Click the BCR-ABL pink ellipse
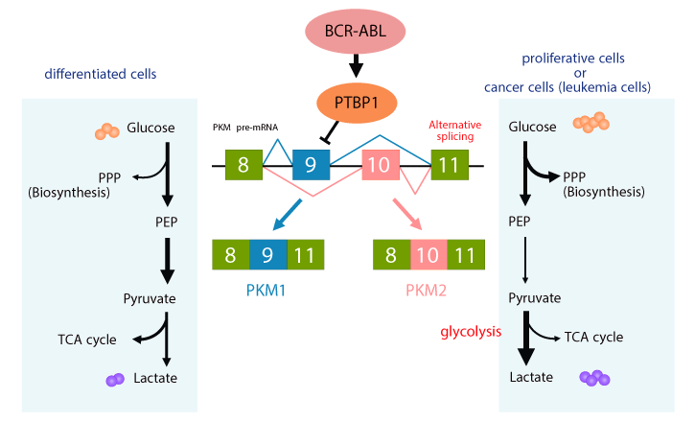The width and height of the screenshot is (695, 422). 357,30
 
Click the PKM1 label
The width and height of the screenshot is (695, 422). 268,287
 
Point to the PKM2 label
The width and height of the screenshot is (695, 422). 428,287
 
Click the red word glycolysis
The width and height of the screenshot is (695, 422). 472,333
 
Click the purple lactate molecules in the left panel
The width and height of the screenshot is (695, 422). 116,380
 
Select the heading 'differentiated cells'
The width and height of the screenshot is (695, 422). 101,73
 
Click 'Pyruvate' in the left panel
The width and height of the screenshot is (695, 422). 150,299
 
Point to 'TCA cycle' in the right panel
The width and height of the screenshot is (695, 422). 593,337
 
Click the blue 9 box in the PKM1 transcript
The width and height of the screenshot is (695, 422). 268,255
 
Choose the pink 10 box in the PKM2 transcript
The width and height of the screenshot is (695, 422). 428,255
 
